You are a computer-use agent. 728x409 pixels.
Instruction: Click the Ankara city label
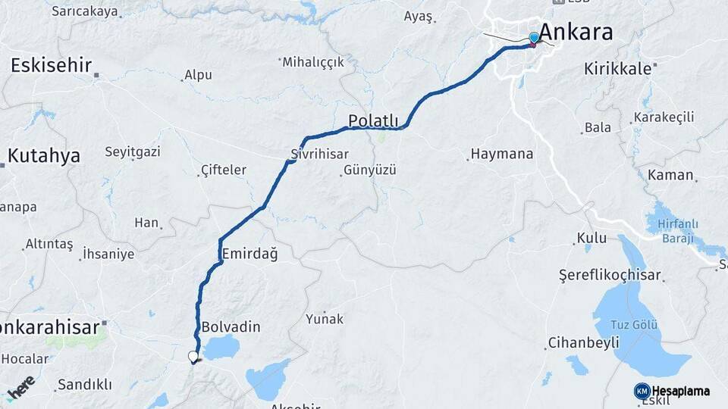click(x=576, y=33)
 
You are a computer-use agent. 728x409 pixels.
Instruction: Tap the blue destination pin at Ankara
click(x=534, y=38)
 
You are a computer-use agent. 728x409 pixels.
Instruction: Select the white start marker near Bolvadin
click(x=193, y=356)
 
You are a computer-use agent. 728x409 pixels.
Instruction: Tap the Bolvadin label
click(x=231, y=327)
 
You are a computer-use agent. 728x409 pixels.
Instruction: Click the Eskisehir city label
click(x=51, y=65)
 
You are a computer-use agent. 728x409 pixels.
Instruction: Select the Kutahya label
click(x=44, y=156)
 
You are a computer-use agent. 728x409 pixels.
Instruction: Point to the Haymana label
click(x=501, y=154)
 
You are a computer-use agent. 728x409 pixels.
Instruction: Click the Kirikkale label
click(x=617, y=68)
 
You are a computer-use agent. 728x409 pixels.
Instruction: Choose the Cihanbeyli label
click(x=583, y=342)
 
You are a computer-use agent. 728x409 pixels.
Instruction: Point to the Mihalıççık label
click(x=313, y=62)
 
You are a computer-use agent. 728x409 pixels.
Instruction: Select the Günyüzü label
click(x=370, y=170)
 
